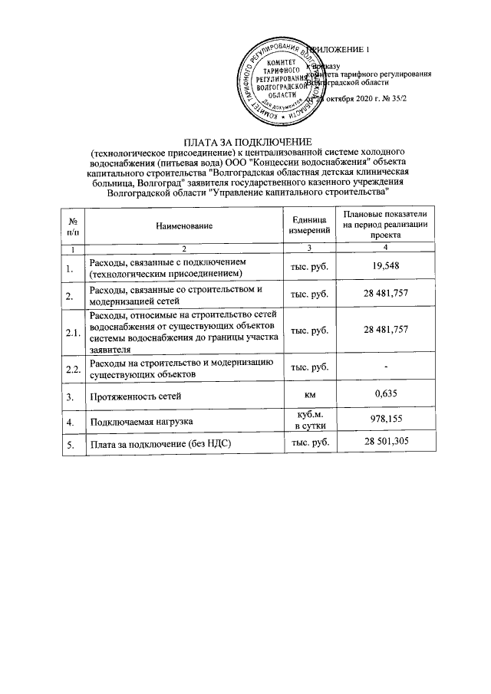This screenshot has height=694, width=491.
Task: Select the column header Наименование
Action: coord(184,225)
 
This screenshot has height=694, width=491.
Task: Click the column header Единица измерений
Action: coord(309,225)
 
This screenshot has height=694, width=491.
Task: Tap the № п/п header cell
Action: coord(72,225)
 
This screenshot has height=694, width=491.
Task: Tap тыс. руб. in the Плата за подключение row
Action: coord(309,443)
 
